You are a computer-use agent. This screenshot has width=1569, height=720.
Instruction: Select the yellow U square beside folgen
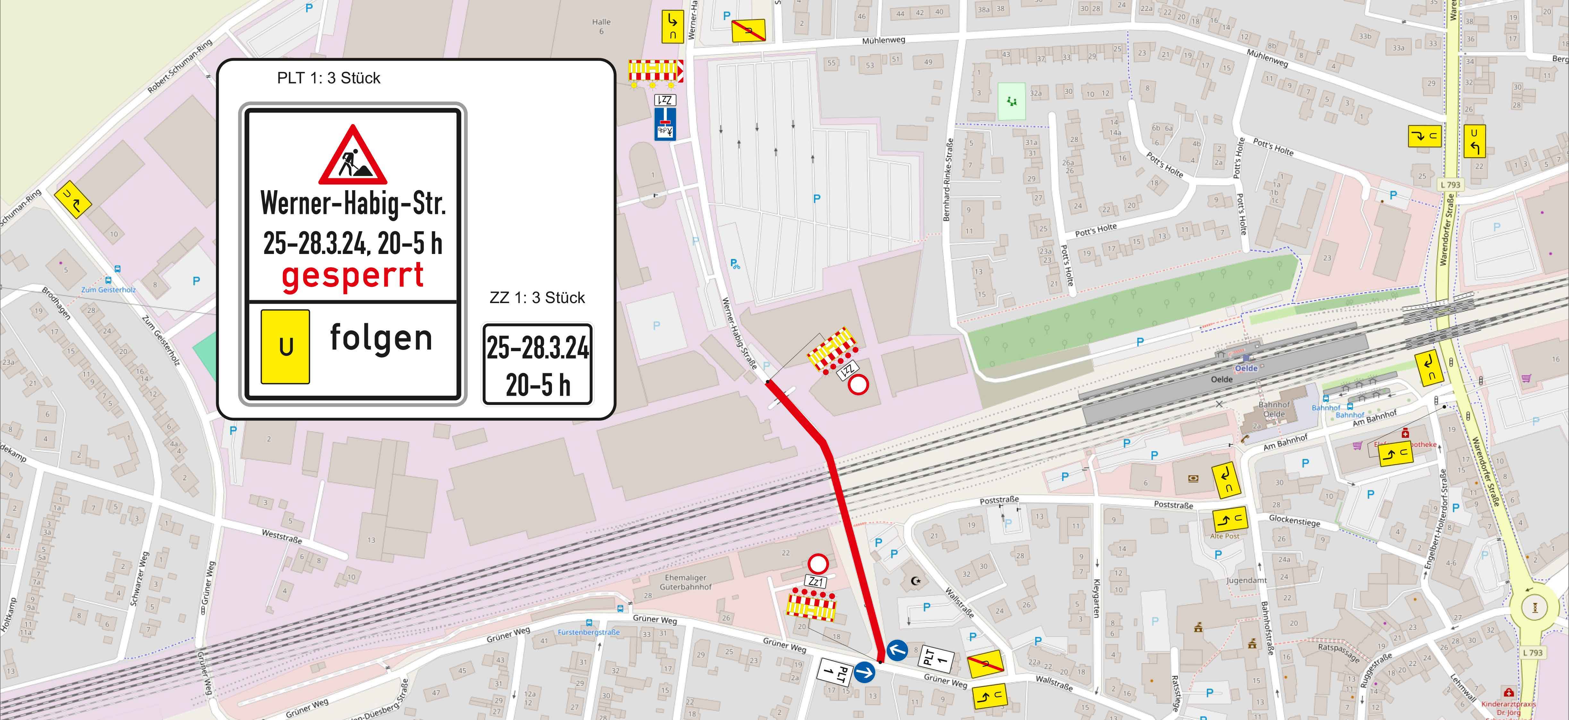click(x=285, y=347)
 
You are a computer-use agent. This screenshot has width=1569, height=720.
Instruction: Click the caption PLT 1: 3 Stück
click(x=328, y=78)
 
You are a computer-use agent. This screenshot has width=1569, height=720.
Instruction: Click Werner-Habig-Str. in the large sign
click(x=353, y=203)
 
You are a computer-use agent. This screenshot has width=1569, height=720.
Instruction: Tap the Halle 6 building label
click(x=601, y=26)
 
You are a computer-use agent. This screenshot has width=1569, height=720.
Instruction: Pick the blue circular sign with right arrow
click(x=864, y=673)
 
